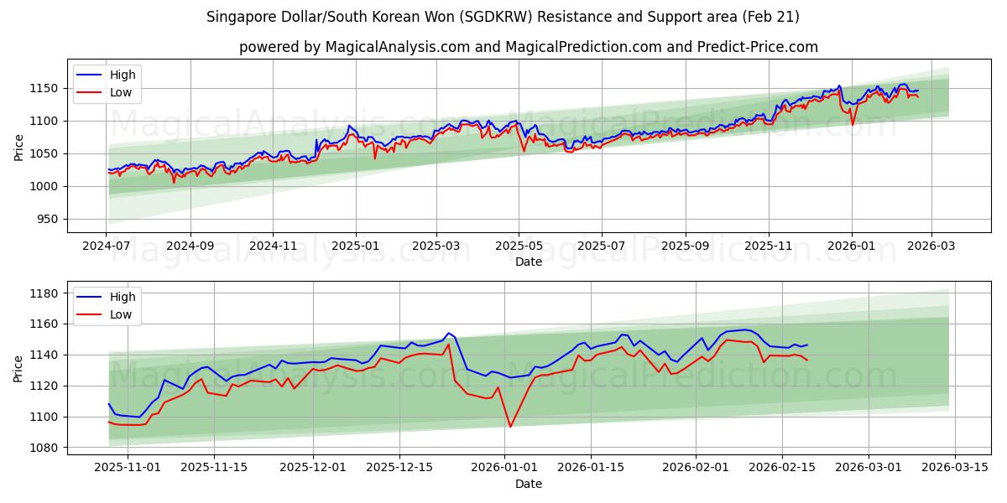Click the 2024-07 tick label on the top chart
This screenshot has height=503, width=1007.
click(107, 246)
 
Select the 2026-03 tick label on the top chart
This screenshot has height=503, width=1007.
click(932, 246)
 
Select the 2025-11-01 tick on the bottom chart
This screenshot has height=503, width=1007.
click(128, 468)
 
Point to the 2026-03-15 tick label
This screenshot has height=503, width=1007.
click(956, 468)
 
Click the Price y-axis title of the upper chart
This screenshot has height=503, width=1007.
click(18, 148)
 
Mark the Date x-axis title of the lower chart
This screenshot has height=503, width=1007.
click(529, 484)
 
